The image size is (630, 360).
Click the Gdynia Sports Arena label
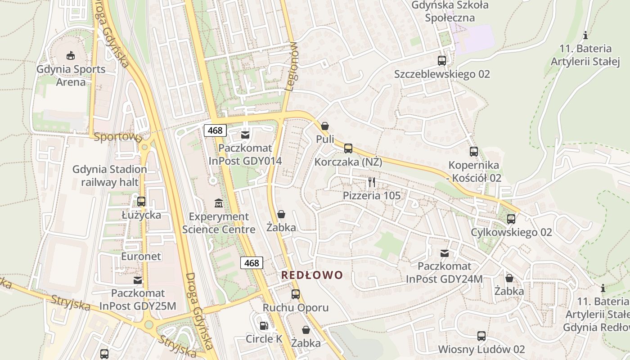[71, 76]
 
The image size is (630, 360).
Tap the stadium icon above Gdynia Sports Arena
[70, 56]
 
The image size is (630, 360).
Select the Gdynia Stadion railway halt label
[109, 175]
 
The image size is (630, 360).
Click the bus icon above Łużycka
[141, 201]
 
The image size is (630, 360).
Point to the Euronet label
[141, 256]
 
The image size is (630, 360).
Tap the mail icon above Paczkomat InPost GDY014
[245, 135]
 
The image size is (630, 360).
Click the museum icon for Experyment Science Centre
[219, 203]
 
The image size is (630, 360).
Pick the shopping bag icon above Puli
[325, 126]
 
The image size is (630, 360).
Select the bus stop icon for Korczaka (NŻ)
[348, 148]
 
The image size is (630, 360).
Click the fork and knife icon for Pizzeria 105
[371, 182]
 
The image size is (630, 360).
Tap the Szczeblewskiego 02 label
[442, 74]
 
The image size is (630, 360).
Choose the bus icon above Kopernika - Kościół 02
[473, 152]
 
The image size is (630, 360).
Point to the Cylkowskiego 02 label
[511, 232]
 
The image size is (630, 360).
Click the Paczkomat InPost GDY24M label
[444, 273]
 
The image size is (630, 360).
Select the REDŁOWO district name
[312, 275]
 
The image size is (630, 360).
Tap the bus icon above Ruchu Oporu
[295, 294]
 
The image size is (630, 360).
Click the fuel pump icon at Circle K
[264, 325]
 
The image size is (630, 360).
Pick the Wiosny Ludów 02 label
[481, 349]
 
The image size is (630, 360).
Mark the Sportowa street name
[118, 137]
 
